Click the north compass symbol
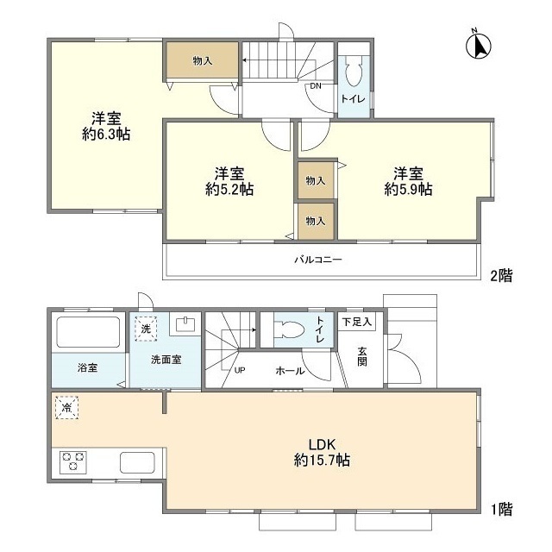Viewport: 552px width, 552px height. [477, 45]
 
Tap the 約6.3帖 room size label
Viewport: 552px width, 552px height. [106, 134]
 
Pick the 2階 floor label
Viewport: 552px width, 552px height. [501, 276]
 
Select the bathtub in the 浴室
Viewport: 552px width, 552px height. [88, 332]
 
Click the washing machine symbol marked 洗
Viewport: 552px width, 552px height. [145, 328]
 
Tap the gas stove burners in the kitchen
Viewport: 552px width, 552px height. [72, 461]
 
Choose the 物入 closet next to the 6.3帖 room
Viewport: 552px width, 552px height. [203, 60]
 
